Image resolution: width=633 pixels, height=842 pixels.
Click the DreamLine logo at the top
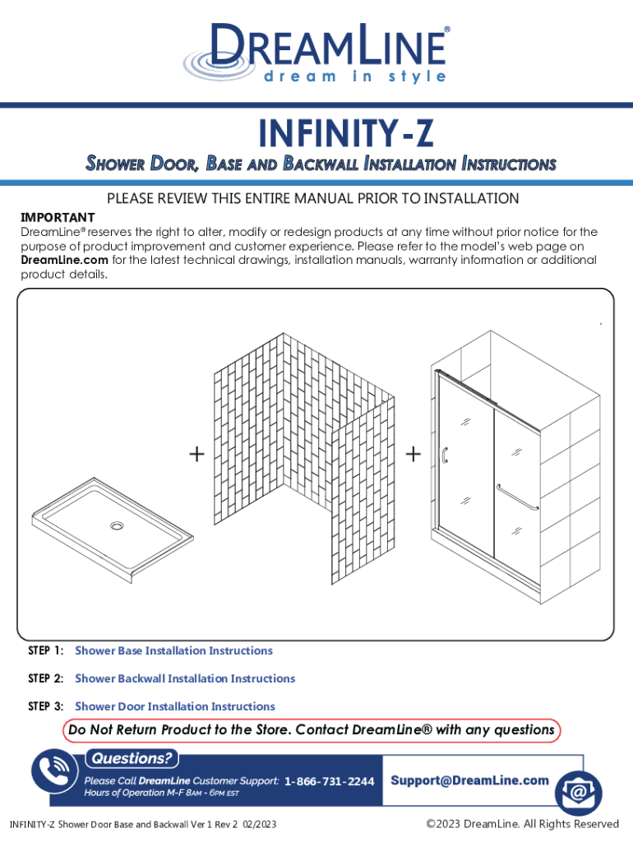tap(316, 53)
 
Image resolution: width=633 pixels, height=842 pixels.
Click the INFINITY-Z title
tap(346, 132)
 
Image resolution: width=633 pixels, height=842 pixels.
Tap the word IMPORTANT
tap(58, 217)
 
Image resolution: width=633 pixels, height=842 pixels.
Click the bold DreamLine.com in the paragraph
tap(64, 260)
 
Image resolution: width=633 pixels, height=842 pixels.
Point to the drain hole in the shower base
tap(117, 525)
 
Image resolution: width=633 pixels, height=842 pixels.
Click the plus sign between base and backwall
tap(197, 454)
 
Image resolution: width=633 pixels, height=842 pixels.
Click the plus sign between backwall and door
tap(413, 454)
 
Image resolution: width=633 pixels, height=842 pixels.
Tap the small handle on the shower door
tap(445, 456)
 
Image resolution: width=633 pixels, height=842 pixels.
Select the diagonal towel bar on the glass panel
tap(516, 497)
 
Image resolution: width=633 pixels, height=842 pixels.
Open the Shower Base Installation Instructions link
tap(174, 651)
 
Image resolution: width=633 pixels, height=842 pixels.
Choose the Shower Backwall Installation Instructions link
tap(185, 678)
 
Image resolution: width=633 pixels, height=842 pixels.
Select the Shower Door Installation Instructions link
tap(175, 706)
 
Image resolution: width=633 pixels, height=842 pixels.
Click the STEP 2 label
tap(46, 678)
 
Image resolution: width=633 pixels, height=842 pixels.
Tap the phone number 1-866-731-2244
tap(329, 781)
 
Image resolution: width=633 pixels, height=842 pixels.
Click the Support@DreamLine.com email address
tap(469, 780)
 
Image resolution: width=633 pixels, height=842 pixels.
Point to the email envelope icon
tap(578, 793)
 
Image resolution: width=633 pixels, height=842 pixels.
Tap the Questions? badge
tap(132, 758)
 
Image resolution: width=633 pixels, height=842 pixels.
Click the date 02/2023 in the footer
tap(260, 825)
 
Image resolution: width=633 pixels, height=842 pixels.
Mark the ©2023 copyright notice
tap(522, 824)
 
